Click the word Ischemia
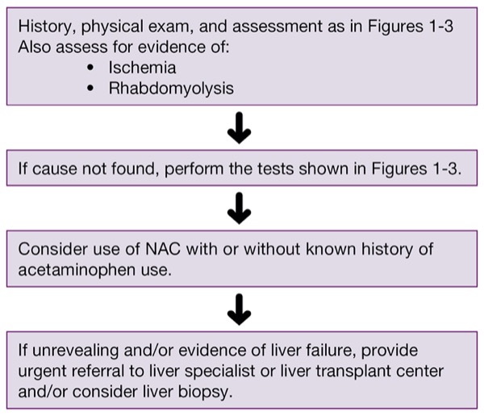(x=142, y=68)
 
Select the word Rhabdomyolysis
(x=171, y=89)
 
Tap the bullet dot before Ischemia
(x=90, y=68)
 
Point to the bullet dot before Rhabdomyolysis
(x=90, y=88)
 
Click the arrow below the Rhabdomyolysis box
(x=240, y=127)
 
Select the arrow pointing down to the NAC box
(x=240, y=208)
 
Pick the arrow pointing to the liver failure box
(x=240, y=310)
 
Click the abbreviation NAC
(x=163, y=249)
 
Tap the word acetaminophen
(x=77, y=270)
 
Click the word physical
(x=112, y=27)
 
